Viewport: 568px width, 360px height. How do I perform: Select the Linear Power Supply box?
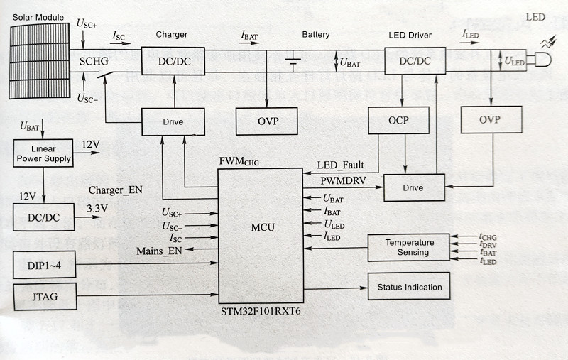coord(43,153)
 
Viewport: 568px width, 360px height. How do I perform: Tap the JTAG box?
coord(45,296)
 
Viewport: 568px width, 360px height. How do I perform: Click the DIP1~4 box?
coord(45,264)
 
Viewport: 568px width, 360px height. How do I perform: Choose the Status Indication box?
coord(408,287)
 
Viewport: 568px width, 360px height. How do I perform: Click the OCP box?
coord(399,120)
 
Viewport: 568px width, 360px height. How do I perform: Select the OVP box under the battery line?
coord(268,121)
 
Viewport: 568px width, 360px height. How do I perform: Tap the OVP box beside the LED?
coord(490,119)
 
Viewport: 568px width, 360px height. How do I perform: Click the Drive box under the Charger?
coord(173,121)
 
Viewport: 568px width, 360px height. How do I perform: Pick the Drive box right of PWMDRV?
coord(413,187)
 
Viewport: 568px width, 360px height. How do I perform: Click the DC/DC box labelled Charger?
coord(173,61)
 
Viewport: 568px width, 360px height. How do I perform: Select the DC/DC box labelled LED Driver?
coord(415,61)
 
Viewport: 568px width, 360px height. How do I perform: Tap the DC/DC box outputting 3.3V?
coord(43,217)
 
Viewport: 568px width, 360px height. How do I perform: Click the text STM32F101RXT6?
coord(260,312)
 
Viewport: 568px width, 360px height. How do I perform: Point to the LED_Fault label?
coord(340,165)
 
